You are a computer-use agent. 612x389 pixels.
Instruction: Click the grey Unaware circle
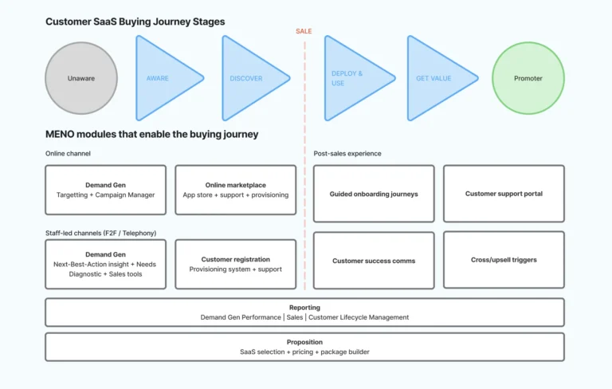[82, 78]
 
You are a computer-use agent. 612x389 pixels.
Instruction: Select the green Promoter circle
[528, 78]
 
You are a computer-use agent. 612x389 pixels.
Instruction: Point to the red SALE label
[304, 31]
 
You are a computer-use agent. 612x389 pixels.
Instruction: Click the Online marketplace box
[235, 190]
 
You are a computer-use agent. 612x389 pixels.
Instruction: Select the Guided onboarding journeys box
[374, 194]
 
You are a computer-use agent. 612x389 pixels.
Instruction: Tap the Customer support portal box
[504, 194]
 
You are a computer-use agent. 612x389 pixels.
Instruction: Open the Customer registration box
[235, 264]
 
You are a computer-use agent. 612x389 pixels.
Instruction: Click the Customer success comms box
[374, 261]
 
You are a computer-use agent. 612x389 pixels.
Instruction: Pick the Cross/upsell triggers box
[504, 260]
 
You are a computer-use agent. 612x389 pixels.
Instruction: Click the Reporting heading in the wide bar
[304, 307]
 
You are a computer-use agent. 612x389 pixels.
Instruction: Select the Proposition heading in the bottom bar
[304, 342]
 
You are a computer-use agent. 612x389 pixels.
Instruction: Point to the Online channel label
[68, 153]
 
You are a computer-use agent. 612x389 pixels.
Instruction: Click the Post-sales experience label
[347, 153]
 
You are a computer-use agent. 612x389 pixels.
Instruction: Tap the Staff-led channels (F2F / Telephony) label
[100, 233]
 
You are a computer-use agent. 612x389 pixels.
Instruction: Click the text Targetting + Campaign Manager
[106, 194]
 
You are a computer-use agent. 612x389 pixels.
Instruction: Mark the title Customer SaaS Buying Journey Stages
[135, 22]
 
